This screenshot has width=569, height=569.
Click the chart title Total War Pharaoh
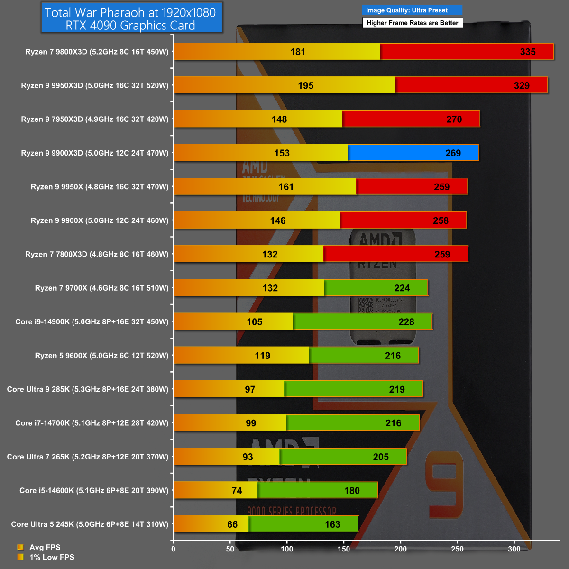[131, 18]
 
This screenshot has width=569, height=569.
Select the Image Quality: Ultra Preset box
[412, 10]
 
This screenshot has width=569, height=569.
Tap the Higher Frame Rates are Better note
[412, 23]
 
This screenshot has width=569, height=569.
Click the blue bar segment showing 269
[413, 153]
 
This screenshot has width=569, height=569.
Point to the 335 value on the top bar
[528, 52]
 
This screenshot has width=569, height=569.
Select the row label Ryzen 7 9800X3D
[97, 52]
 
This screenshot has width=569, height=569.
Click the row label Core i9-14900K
[92, 321]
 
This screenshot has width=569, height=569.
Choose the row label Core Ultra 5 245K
[90, 524]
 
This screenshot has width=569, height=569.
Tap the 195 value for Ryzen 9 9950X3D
[306, 85]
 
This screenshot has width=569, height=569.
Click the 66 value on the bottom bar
[232, 524]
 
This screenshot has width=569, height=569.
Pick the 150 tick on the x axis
[344, 549]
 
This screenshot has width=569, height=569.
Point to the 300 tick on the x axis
[514, 549]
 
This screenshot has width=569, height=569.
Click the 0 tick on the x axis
[173, 549]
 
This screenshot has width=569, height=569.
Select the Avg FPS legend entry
[45, 547]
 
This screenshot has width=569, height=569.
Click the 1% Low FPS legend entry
[52, 557]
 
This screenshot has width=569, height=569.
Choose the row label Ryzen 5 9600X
[101, 355]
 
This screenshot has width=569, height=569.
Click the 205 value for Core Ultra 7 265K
[381, 457]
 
